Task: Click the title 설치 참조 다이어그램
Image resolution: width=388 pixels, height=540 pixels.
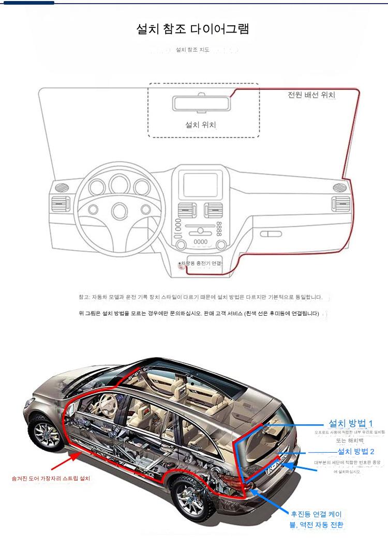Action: tap(192, 29)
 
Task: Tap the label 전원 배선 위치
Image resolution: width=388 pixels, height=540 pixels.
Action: tap(311, 95)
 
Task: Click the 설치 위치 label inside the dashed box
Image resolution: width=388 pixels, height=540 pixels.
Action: tap(200, 125)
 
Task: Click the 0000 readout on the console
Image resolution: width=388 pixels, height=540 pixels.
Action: tap(200, 241)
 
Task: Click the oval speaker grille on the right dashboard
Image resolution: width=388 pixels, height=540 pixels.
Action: tap(339, 187)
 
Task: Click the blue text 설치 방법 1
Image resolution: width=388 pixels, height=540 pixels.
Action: tap(351, 422)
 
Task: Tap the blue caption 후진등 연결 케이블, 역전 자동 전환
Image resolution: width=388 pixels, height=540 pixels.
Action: tap(316, 519)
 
